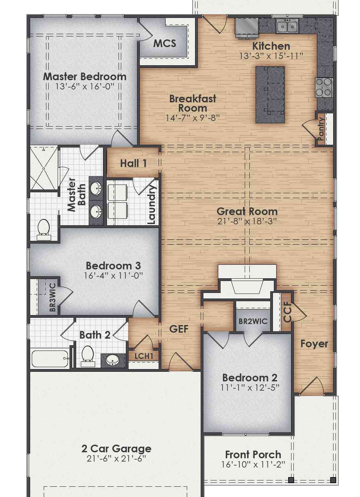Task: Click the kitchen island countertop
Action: coord(270,95)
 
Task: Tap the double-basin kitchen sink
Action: coord(287,26)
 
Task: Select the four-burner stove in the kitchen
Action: coord(324,88)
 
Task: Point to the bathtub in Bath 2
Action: coord(50,359)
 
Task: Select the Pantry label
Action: coord(321,129)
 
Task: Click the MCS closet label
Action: coord(165,43)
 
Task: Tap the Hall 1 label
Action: coord(133,163)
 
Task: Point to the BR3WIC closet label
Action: coord(52,298)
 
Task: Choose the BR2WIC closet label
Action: coord(253,321)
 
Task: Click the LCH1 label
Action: coord(144,356)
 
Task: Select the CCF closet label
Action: coord(287,312)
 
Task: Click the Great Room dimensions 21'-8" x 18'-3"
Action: coord(247,221)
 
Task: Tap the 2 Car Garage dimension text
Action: coord(116,458)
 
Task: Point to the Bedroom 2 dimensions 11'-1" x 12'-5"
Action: coord(250,387)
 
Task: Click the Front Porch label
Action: coord(253,455)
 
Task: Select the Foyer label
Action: coord(314,344)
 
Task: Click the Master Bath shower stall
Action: coord(44,168)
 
